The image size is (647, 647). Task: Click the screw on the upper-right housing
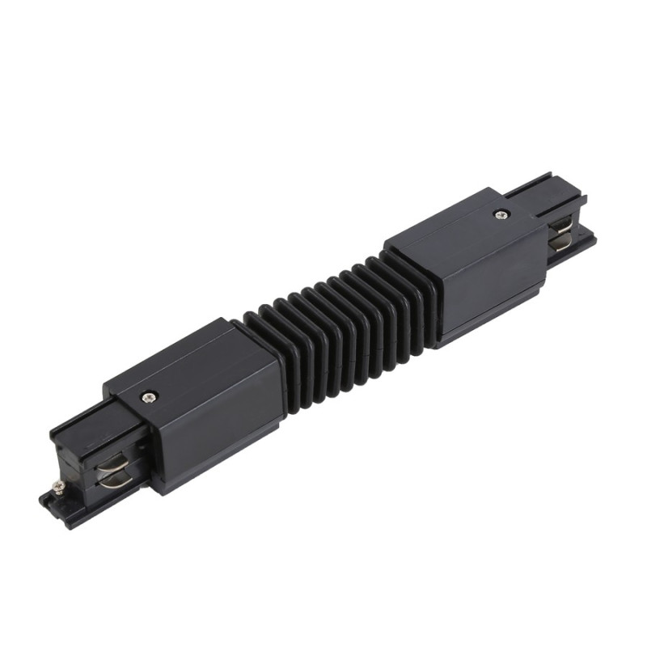click(x=500, y=215)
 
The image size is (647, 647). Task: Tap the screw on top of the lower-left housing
click(x=150, y=396)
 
